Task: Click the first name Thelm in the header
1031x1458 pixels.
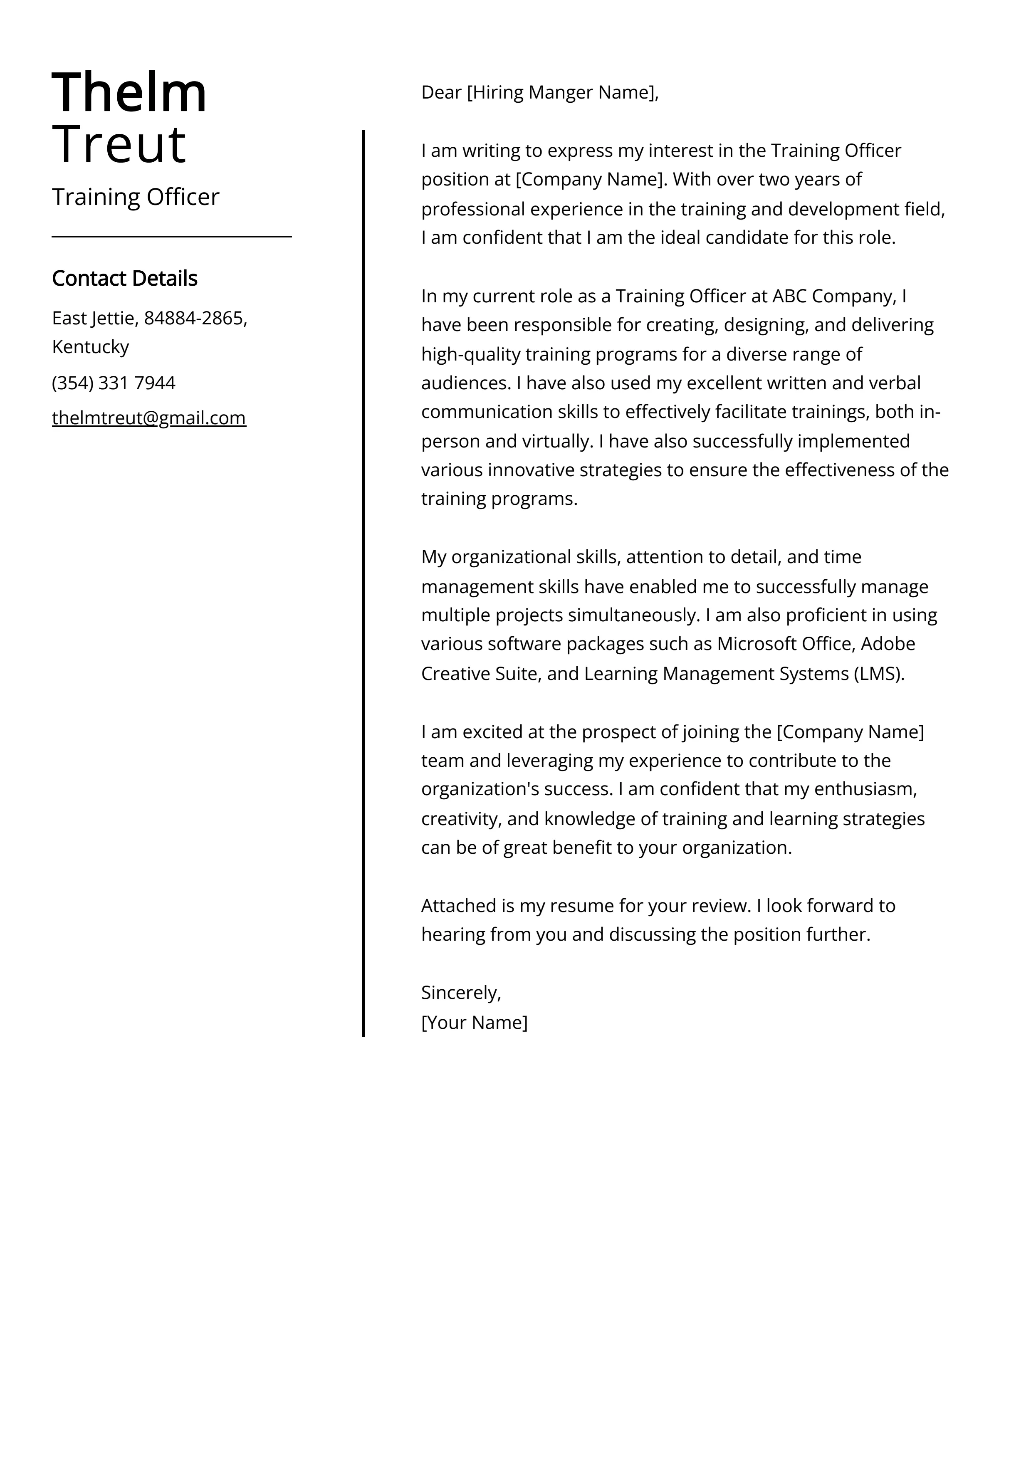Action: coord(129,93)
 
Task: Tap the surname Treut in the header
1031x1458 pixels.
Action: coord(119,145)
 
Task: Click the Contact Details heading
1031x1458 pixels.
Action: coord(124,278)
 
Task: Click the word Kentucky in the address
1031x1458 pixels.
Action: coord(90,347)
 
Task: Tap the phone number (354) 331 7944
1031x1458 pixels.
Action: coord(114,383)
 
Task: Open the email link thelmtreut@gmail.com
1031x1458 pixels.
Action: coord(148,418)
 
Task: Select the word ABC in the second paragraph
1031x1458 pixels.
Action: coord(789,297)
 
